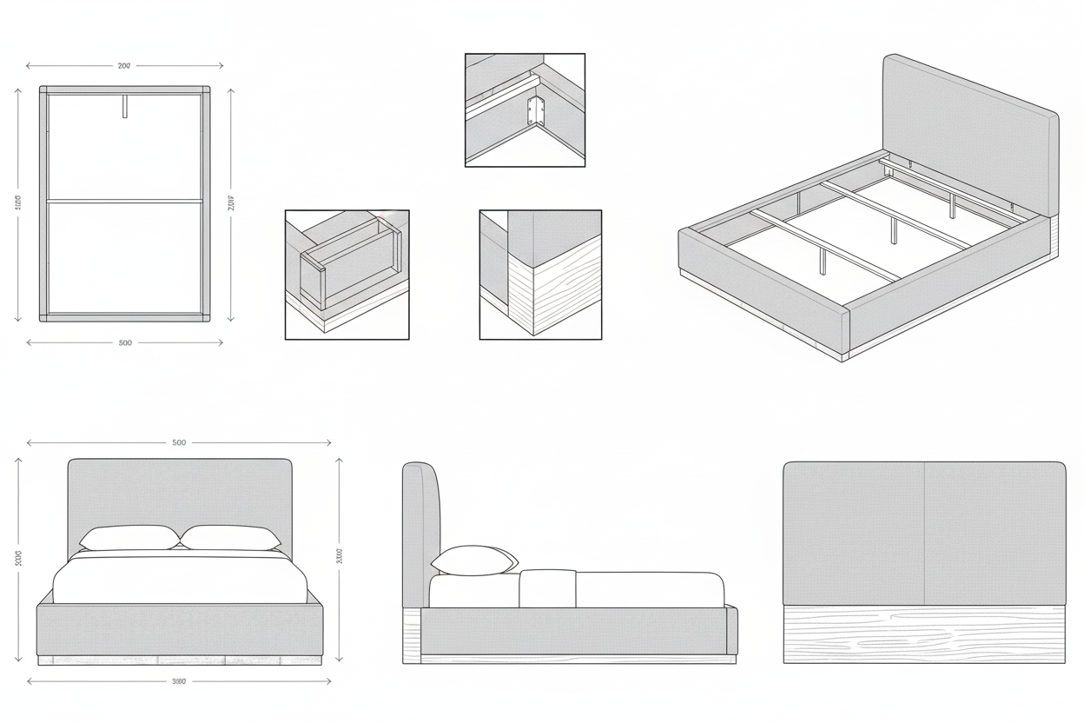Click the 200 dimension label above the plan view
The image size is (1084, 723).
click(x=124, y=65)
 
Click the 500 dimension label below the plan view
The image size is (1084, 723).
click(x=125, y=342)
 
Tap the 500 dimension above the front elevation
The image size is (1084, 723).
click(x=179, y=442)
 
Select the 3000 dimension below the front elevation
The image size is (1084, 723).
click(x=179, y=681)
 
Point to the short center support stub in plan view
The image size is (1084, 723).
click(x=125, y=105)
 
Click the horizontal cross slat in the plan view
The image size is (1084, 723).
click(x=125, y=201)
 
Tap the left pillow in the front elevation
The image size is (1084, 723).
click(x=130, y=537)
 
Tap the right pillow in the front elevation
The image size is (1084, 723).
click(x=230, y=537)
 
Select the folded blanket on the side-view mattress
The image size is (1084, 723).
click(x=547, y=589)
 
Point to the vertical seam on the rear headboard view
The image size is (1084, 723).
click(x=924, y=532)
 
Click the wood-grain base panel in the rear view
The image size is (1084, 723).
click(x=924, y=634)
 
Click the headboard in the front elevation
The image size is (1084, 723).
click(x=180, y=491)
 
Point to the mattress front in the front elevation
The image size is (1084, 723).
click(x=180, y=580)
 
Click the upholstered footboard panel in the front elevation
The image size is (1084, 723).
click(x=180, y=630)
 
